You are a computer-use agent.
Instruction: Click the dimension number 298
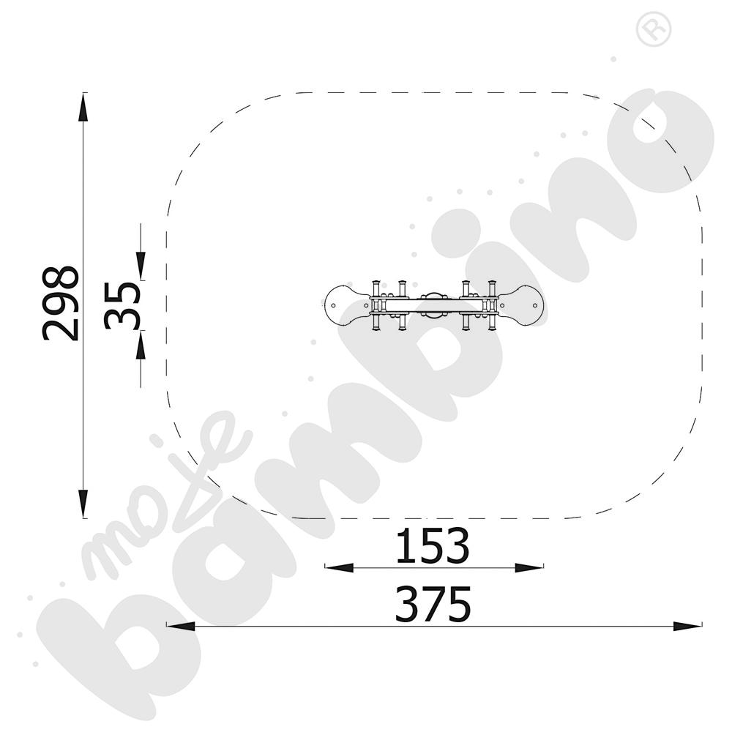tap(60, 304)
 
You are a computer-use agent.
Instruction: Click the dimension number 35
tap(122, 306)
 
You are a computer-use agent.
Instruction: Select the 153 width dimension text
tap(433, 545)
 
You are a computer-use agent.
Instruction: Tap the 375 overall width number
tap(433, 604)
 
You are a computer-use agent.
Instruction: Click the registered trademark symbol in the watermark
tap(654, 29)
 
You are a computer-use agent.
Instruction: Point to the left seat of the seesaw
tap(347, 306)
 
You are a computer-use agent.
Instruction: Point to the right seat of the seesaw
tap(521, 306)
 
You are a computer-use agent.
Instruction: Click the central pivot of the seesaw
tap(434, 306)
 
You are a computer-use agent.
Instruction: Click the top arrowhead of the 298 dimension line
tap(83, 107)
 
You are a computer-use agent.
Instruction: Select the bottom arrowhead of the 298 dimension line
tap(83, 504)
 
